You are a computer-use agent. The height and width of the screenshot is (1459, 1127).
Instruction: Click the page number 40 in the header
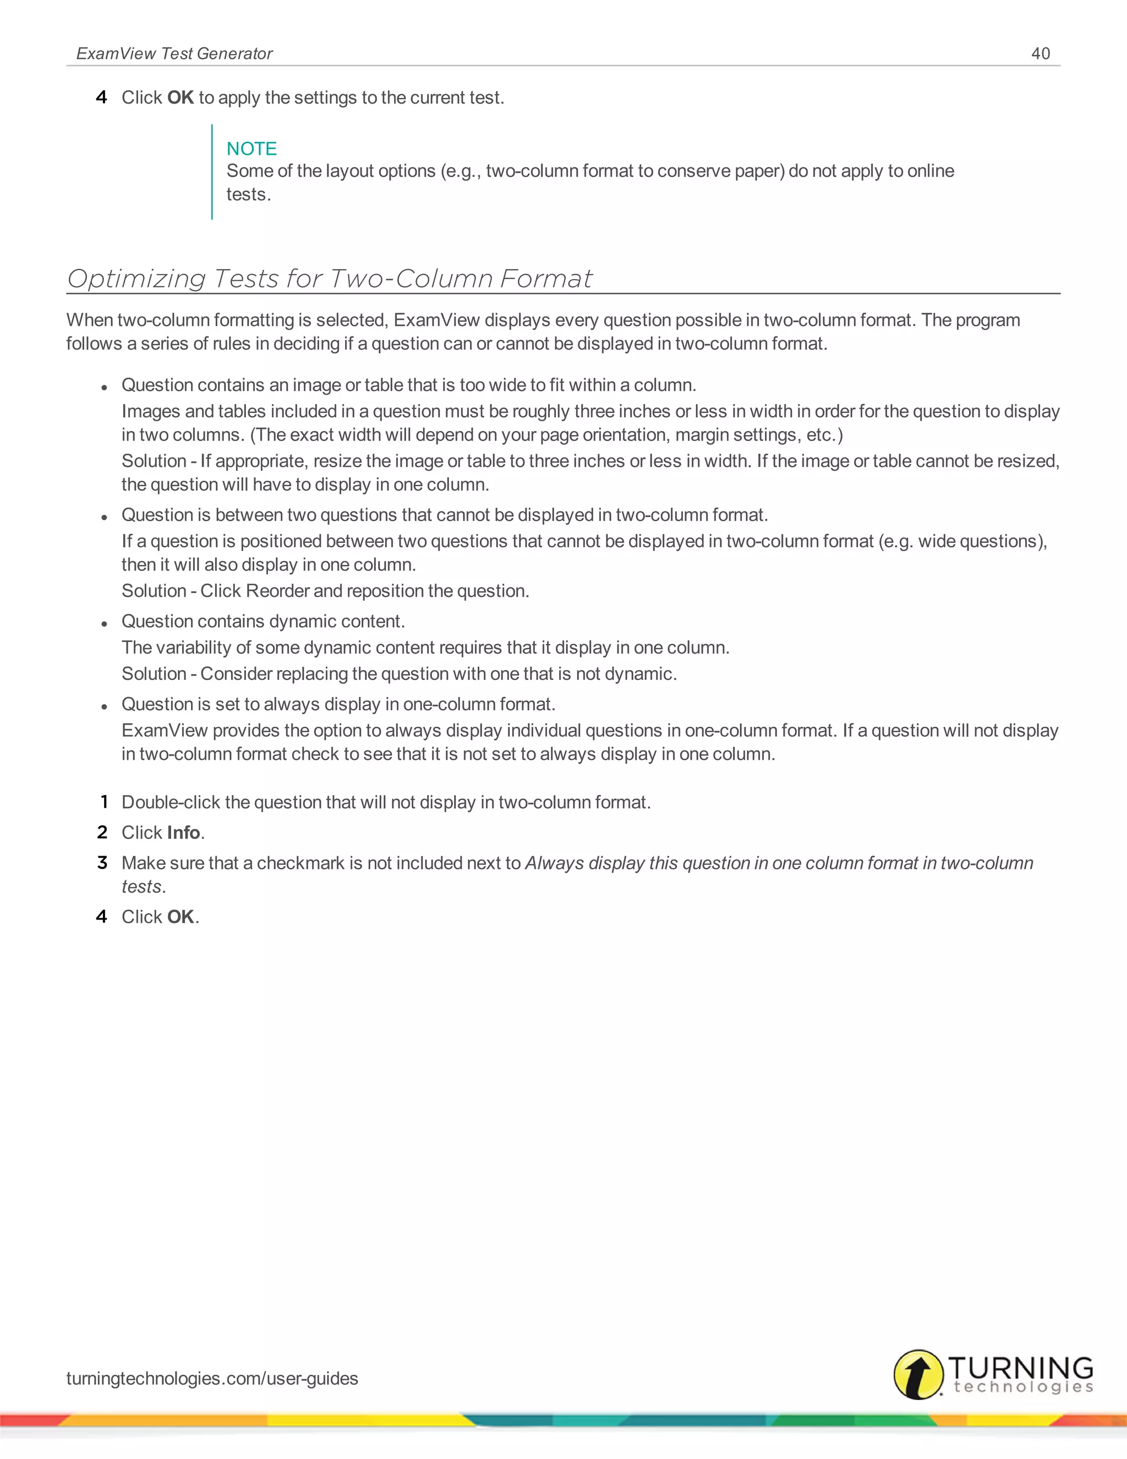pos(1040,53)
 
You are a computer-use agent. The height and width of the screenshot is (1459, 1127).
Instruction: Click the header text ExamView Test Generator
pos(174,53)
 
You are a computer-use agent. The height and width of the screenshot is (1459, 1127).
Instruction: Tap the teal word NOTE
pos(251,148)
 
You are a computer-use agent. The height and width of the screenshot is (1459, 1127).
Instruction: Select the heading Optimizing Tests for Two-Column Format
pos(329,279)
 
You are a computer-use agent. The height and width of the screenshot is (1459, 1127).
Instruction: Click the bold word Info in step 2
pos(184,832)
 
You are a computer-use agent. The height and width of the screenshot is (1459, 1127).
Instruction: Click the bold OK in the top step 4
pos(180,97)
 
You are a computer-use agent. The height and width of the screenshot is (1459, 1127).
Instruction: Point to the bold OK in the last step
pos(180,917)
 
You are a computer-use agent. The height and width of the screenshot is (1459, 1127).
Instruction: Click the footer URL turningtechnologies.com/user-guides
pos(212,1378)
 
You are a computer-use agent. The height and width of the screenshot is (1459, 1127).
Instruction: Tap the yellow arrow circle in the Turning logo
pos(918,1374)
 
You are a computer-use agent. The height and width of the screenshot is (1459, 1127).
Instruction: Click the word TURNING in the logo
pos(1020,1368)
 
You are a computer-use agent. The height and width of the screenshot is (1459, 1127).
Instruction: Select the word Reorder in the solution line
pos(277,591)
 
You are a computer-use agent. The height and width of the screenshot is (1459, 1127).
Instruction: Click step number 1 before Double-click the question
pos(103,802)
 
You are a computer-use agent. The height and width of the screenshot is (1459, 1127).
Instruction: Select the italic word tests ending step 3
pos(141,886)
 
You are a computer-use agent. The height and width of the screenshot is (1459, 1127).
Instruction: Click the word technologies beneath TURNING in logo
pos(1023,1387)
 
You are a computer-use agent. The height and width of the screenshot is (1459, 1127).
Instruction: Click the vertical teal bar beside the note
pos(212,172)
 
